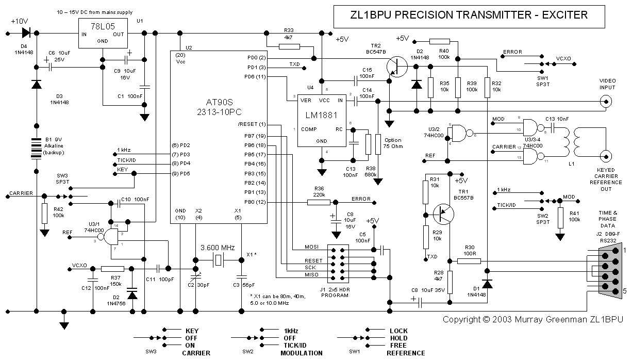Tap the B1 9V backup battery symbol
pos(37,149)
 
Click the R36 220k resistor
pos(318,202)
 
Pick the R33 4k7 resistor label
pos(289,34)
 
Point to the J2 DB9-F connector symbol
pos(608,272)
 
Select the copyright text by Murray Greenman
pos(534,319)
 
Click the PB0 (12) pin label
pos(256,202)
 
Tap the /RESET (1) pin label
pos(253,125)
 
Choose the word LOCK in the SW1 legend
pos(398,331)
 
